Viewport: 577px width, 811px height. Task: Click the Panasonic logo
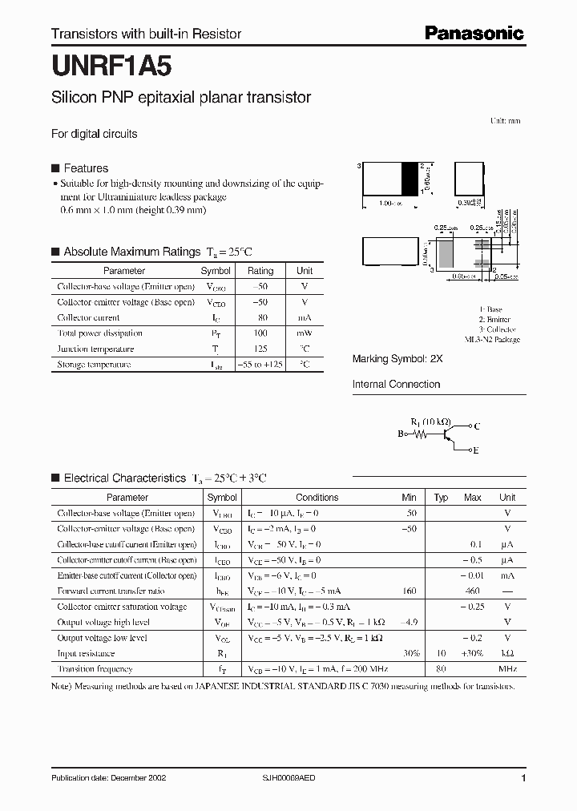[x=474, y=33]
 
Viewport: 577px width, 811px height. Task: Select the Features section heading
[x=86, y=168]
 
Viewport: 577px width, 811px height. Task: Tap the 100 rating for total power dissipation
[x=260, y=333]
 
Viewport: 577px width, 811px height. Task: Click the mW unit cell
[x=305, y=333]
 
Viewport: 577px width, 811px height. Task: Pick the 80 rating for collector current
[x=260, y=317]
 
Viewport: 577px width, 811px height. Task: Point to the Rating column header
[x=260, y=271]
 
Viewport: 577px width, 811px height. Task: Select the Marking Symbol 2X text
[x=397, y=360]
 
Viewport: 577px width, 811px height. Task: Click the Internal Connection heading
[x=396, y=385]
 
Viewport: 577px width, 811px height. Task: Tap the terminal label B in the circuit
[x=401, y=434]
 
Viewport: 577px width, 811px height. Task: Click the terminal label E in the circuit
[x=476, y=451]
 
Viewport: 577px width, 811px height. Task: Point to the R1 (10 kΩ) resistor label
[x=431, y=422]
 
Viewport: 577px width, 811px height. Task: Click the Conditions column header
[x=317, y=498]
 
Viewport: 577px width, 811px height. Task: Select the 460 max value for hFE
[x=472, y=591]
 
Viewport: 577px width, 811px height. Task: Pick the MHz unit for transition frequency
[x=507, y=668]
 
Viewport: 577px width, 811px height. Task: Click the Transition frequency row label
[x=95, y=668]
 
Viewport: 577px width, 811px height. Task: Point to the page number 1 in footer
[x=523, y=779]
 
